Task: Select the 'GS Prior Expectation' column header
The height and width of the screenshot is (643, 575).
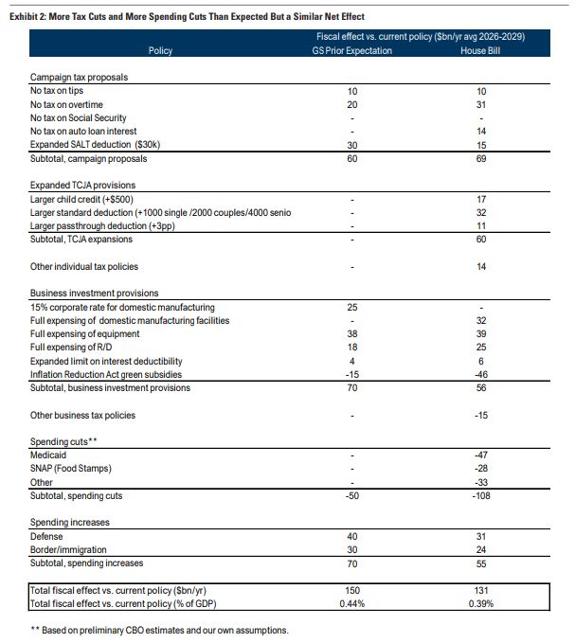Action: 352,50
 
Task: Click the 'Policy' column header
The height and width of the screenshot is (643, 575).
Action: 161,50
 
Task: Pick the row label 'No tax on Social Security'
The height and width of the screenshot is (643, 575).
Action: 79,117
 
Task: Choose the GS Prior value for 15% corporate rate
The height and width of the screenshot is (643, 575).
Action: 352,308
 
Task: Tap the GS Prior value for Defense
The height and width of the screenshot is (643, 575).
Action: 352,536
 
